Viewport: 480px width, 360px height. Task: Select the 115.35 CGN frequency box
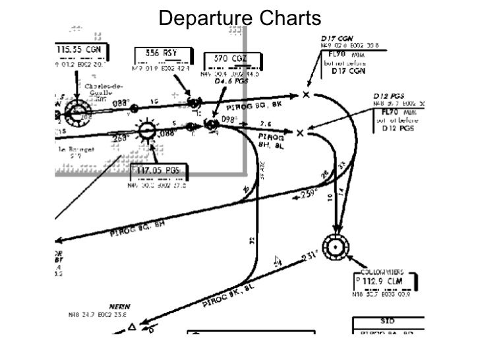click(x=78, y=50)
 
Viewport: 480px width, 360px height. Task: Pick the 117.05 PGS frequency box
click(x=158, y=171)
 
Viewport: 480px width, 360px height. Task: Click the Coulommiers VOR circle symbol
click(x=337, y=249)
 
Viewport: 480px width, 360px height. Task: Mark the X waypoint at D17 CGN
click(x=306, y=95)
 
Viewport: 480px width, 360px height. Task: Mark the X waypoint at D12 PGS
click(x=300, y=133)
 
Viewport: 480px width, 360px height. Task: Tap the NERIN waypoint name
click(x=119, y=307)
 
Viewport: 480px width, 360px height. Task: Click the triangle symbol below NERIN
click(x=132, y=327)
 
